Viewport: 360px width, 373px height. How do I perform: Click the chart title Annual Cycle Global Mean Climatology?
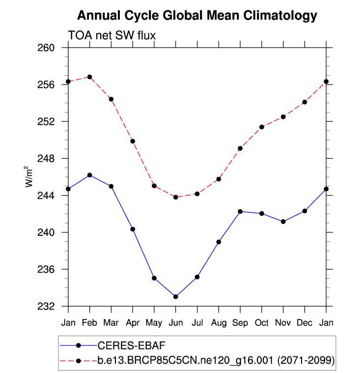pyautogui.click(x=197, y=16)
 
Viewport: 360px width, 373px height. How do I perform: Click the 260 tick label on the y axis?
pyautogui.click(x=51, y=48)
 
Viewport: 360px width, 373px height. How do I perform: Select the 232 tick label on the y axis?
pyautogui.click(x=51, y=306)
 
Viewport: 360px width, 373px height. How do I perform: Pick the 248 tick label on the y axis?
pyautogui.click(x=51, y=159)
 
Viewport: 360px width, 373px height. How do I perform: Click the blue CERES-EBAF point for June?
pyautogui.click(x=175, y=297)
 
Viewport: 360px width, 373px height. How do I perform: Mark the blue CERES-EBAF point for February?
pyautogui.click(x=89, y=175)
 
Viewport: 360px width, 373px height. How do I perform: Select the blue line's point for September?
pyautogui.click(x=240, y=211)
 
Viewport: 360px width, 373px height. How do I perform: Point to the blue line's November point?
pyautogui.click(x=283, y=222)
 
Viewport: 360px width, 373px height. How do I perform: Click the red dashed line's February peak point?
pyautogui.click(x=89, y=77)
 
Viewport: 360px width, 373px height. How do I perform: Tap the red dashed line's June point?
pyautogui.click(x=175, y=197)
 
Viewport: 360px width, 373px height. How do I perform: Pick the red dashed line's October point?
pyautogui.click(x=262, y=127)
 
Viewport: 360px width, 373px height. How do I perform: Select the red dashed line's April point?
pyautogui.click(x=133, y=141)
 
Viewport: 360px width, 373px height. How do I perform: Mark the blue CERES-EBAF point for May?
pyautogui.click(x=154, y=278)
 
